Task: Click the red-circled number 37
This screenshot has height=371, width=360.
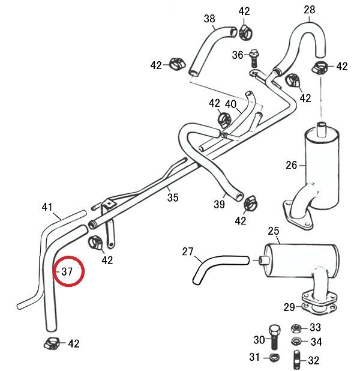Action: pos(67,272)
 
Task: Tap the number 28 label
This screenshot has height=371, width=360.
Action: pos(309,10)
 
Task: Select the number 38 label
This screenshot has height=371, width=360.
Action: pos(209,19)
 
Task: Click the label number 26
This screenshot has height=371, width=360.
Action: pos(292,165)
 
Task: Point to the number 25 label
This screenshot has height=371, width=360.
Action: pos(274,231)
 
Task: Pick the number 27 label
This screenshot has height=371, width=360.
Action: pos(188,252)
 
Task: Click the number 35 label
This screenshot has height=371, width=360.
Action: pos(173,197)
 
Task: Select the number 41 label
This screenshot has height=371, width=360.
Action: pos(48,207)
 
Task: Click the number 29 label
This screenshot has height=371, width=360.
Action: pos(289,307)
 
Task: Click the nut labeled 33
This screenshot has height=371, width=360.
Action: pos(295,328)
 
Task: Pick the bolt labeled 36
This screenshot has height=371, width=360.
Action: pos(254,56)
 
